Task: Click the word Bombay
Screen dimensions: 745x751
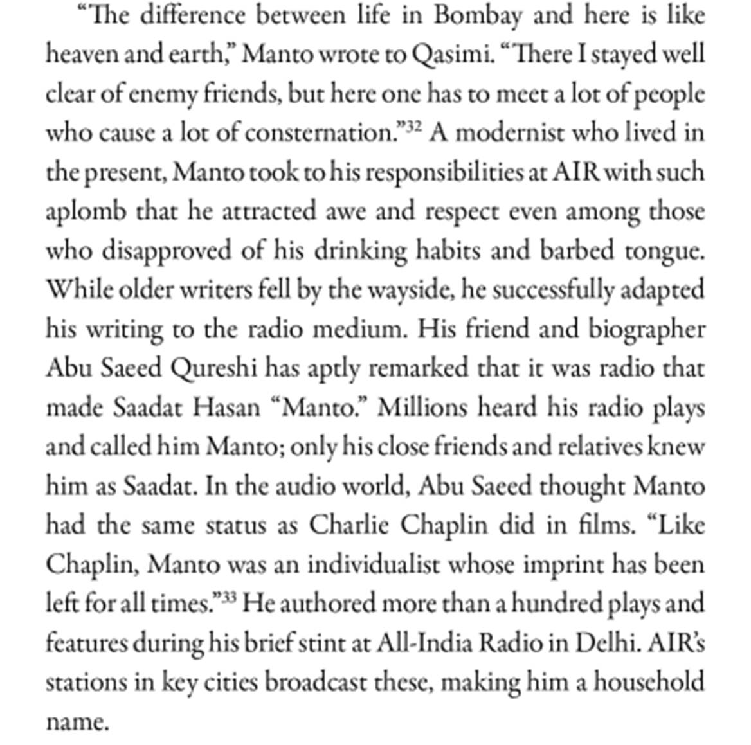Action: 476,15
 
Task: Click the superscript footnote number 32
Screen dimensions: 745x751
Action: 414,127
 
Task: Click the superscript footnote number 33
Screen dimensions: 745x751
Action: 229,597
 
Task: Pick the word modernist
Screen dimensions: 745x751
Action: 509,133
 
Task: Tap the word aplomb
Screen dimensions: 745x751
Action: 86,211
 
